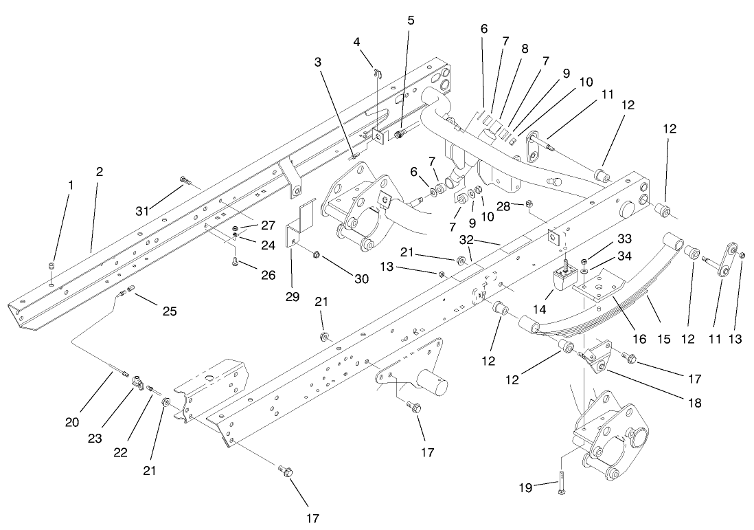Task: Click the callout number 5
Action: tap(411, 20)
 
